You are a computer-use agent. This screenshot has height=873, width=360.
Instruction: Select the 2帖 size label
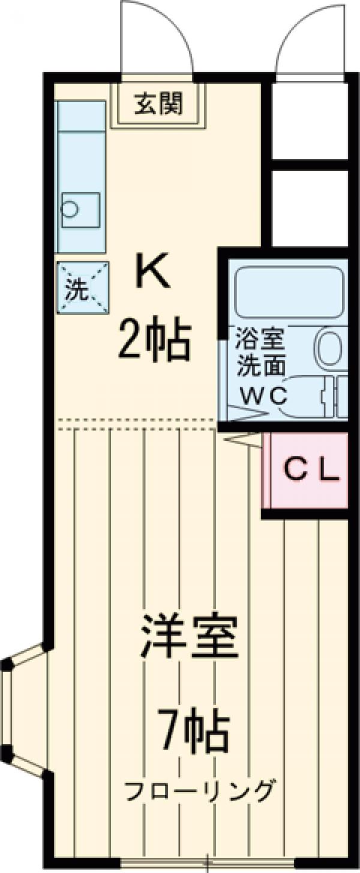tap(154, 340)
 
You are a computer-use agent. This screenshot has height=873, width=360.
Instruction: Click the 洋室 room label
tap(190, 638)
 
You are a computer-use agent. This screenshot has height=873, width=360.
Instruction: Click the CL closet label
tap(311, 470)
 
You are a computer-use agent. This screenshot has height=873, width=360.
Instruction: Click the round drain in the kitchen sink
tap(70, 209)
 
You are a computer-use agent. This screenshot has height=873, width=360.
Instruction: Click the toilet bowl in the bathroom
tap(329, 348)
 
